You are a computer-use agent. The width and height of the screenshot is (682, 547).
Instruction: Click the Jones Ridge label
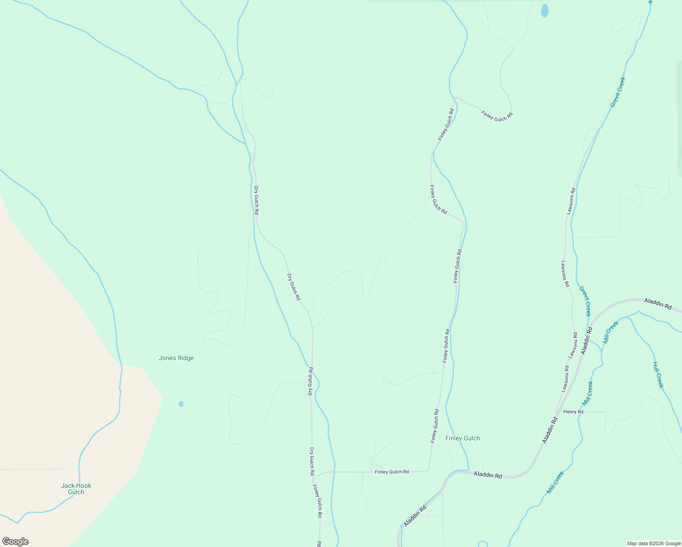(176, 358)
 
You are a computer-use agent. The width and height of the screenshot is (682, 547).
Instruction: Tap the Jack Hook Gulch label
(76, 489)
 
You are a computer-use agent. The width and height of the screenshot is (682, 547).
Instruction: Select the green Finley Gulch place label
(462, 439)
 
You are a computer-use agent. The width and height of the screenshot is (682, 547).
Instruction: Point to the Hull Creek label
(658, 375)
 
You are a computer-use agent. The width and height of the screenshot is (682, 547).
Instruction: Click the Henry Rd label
(573, 412)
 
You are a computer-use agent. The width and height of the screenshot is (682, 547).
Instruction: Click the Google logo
(15, 542)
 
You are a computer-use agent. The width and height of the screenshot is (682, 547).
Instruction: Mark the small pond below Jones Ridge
(181, 404)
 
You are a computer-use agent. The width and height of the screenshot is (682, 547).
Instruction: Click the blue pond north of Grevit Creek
(544, 10)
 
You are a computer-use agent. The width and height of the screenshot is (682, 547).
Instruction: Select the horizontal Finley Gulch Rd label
(392, 472)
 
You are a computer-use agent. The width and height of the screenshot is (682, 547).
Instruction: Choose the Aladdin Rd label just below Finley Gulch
(487, 475)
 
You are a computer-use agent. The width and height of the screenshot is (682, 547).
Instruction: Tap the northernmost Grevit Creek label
(618, 92)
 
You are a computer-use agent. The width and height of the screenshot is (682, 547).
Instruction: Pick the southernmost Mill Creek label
(555, 482)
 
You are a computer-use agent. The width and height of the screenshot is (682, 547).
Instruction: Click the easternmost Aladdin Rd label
(657, 304)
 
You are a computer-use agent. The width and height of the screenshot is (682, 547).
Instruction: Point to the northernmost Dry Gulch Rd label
(257, 201)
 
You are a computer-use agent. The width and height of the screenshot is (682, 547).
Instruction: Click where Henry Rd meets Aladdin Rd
(556, 412)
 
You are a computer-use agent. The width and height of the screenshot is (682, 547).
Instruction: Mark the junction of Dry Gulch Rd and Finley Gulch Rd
(314, 475)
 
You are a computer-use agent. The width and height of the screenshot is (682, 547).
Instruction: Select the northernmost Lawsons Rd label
(571, 201)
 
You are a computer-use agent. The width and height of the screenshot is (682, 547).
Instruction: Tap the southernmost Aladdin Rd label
(415, 516)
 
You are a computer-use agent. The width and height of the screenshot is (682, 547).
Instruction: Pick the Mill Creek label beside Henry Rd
(588, 394)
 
